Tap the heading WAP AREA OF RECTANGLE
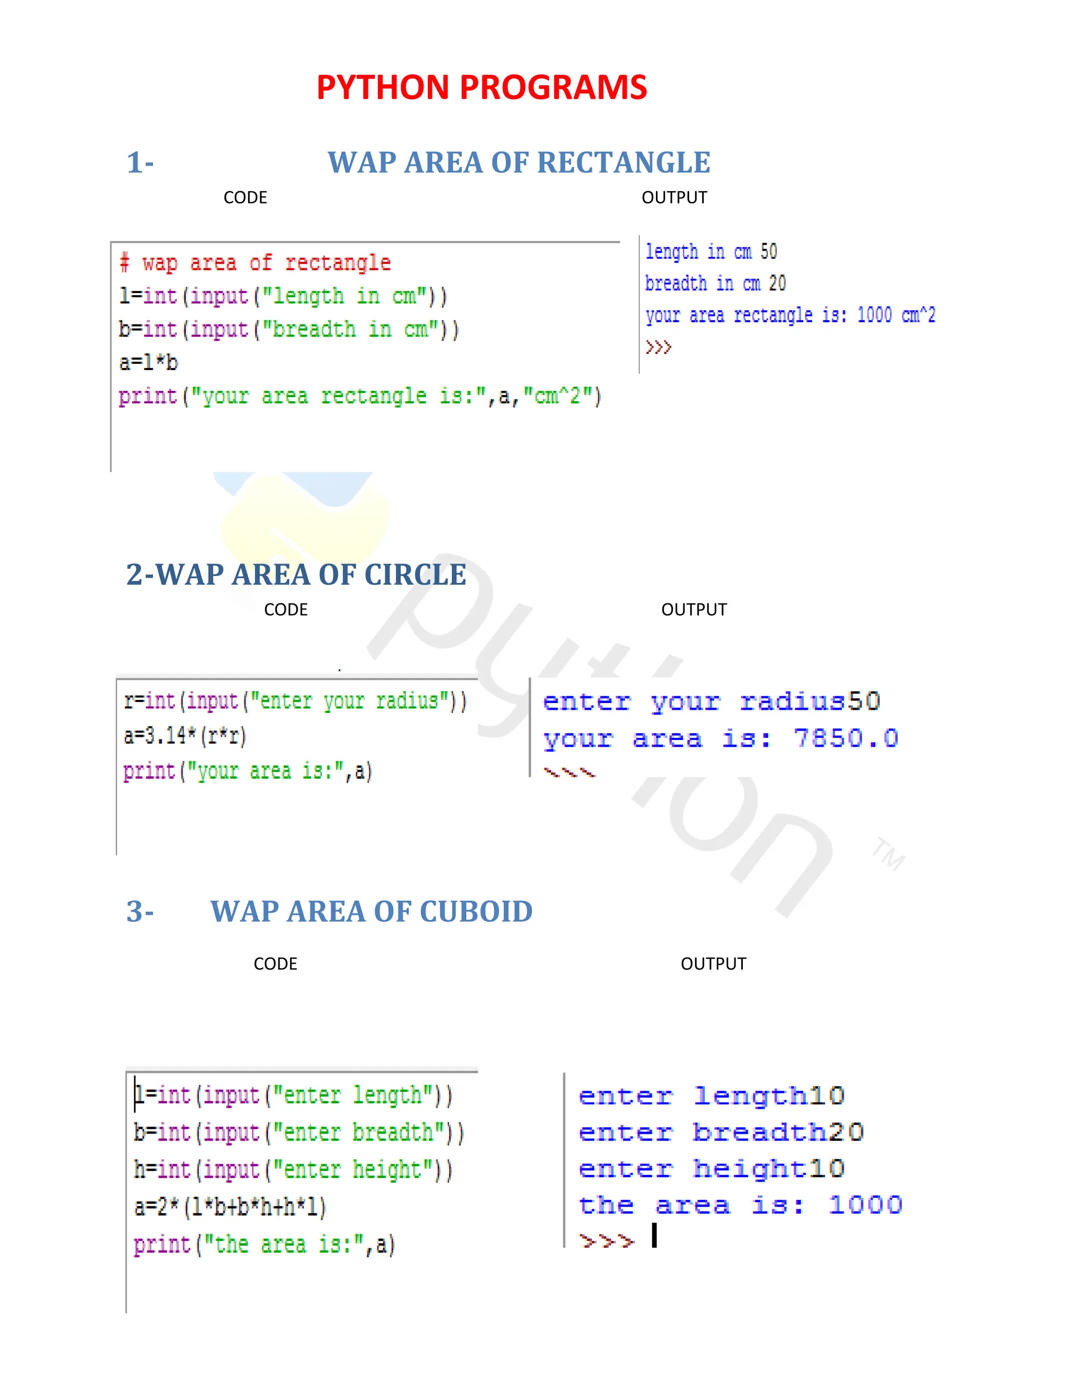pyautogui.click(x=518, y=163)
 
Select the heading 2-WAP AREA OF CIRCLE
pyautogui.click(x=296, y=574)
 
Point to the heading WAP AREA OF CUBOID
pyautogui.click(x=371, y=912)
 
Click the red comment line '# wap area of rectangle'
pyautogui.click(x=256, y=263)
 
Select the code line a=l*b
pyautogui.click(x=149, y=362)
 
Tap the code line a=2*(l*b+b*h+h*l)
pyautogui.click(x=230, y=1207)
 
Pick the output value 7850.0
pyautogui.click(x=846, y=738)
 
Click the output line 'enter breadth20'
pyautogui.click(x=720, y=1133)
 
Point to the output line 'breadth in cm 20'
pyautogui.click(x=715, y=284)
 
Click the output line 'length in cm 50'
pyautogui.click(x=710, y=252)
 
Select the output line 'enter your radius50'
pyautogui.click(x=711, y=701)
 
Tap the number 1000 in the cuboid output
pyautogui.click(x=865, y=1205)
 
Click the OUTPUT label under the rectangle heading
pyautogui.click(x=674, y=198)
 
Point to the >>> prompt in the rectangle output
pyautogui.click(x=658, y=347)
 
